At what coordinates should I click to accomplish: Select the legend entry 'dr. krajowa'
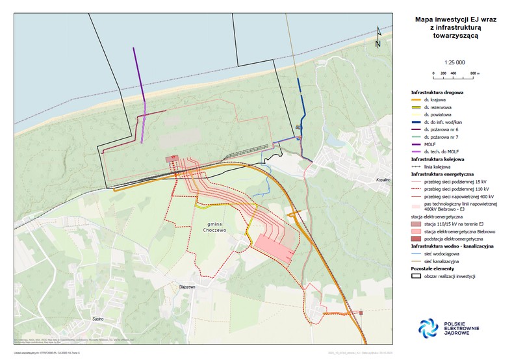click(x=435, y=101)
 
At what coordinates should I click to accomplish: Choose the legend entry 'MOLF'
click(x=431, y=144)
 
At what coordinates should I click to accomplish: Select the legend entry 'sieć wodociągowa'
click(x=441, y=253)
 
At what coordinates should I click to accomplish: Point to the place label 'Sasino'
click(x=98, y=320)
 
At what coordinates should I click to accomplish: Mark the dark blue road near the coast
click(x=300, y=97)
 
